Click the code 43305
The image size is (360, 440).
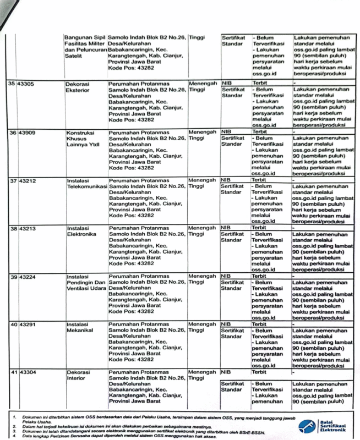coord(26,84)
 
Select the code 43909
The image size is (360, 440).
coord(26,133)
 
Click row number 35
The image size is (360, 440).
coord(12,84)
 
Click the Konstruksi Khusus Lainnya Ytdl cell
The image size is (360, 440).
coord(83,139)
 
